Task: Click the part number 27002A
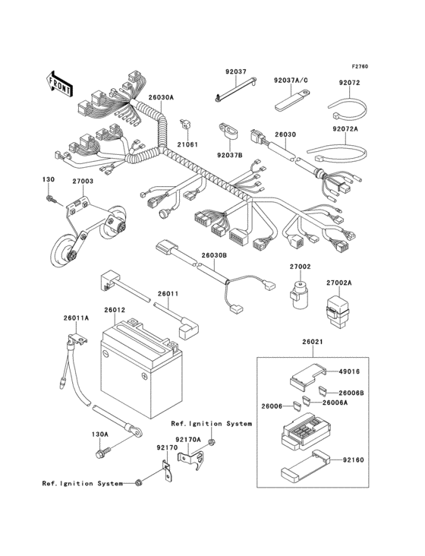tap(339, 283)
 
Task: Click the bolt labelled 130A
tap(100, 454)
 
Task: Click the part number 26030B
tap(213, 257)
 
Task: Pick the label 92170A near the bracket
tap(187, 439)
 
